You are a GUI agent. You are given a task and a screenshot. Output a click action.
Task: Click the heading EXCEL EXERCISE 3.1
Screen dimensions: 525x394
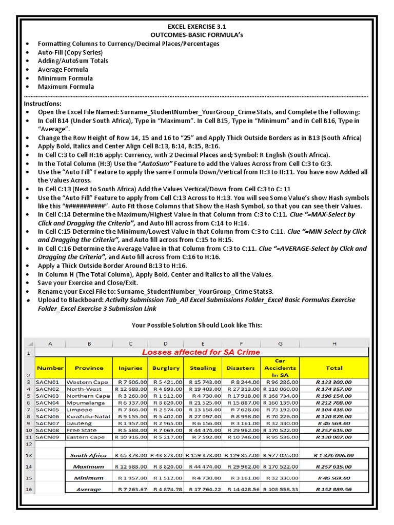pyautogui.click(x=196, y=26)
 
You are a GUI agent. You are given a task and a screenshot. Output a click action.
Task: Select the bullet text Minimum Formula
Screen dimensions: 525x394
pyautogui.click(x=65, y=78)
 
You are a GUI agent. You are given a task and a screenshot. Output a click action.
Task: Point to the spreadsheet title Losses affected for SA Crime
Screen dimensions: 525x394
pyautogui.click(x=201, y=352)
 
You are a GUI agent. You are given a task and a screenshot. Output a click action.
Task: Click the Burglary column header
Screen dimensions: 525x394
pyautogui.click(x=166, y=368)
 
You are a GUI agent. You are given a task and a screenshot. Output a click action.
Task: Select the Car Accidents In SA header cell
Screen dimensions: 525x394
pyautogui.click(x=280, y=368)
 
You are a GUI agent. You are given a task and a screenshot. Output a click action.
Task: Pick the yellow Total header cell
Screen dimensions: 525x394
pyautogui.click(x=334, y=368)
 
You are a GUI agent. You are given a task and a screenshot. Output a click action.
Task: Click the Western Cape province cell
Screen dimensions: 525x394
pyautogui.click(x=87, y=382)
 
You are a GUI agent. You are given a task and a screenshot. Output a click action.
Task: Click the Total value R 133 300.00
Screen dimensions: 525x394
pyautogui.click(x=333, y=382)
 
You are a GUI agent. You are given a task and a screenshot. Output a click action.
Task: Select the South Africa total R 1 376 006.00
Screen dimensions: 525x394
pyautogui.click(x=333, y=455)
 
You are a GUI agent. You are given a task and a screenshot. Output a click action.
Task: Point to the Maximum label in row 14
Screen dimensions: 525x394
pyautogui.click(x=88, y=467)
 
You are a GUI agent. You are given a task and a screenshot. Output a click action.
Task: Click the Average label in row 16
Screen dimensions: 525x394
pyautogui.click(x=88, y=489)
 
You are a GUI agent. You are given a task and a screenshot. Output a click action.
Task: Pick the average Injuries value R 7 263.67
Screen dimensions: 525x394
pyautogui.click(x=132, y=489)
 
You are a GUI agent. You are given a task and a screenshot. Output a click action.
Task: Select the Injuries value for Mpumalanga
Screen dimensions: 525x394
pyautogui.click(x=132, y=402)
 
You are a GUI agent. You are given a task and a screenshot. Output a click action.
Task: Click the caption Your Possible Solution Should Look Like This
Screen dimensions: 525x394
pyautogui.click(x=196, y=325)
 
